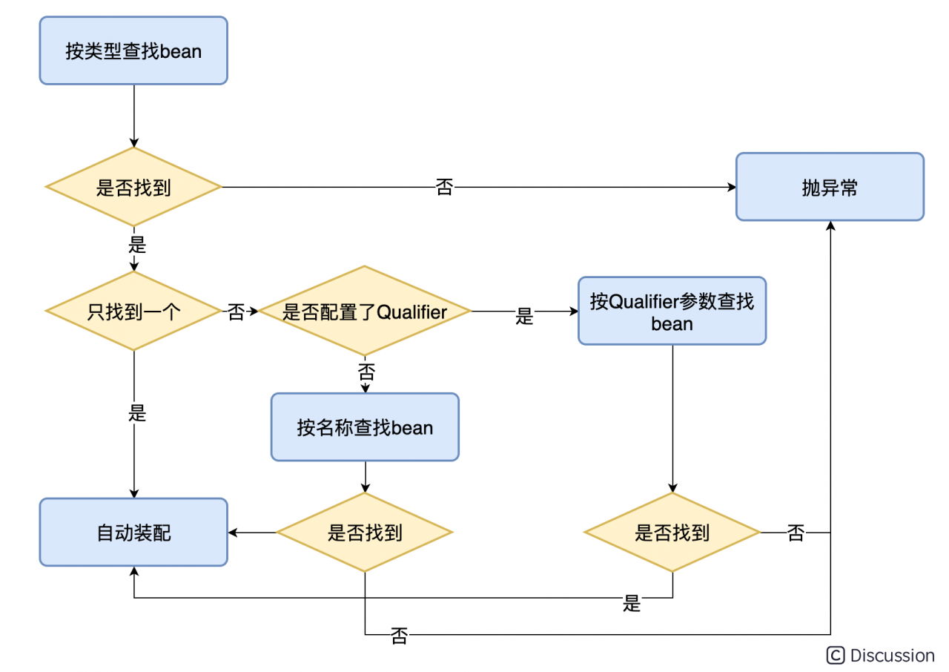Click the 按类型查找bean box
tap(133, 50)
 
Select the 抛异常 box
tap(830, 187)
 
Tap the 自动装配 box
tap(133, 532)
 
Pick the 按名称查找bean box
tap(365, 427)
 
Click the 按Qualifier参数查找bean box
tap(672, 312)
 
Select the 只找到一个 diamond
tap(133, 312)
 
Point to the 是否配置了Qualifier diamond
tap(365, 312)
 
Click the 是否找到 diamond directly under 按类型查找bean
tap(133, 187)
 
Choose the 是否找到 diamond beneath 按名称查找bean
tap(365, 532)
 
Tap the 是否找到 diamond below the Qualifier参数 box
tap(672, 532)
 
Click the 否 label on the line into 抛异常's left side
tap(444, 187)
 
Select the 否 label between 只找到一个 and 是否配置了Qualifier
tap(236, 312)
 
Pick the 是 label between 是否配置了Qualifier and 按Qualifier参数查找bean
tap(524, 317)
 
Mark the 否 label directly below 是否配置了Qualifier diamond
tap(366, 369)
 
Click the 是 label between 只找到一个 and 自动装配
tap(137, 413)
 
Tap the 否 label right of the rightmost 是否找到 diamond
tap(796, 533)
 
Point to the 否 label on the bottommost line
tap(399, 636)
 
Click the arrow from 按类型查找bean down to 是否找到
tap(133, 116)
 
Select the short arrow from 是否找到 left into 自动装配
tap(252, 532)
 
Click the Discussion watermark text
tap(892, 655)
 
